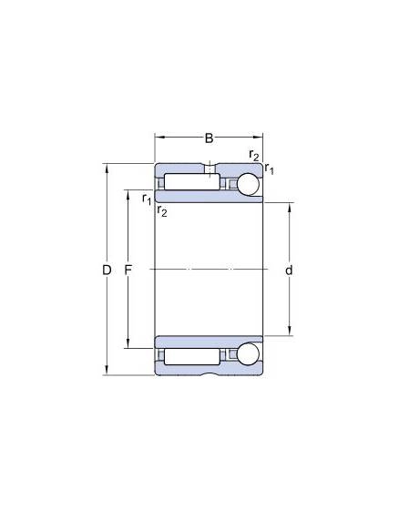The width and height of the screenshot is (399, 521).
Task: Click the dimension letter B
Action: tap(209, 138)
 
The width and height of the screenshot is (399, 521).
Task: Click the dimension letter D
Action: tap(107, 271)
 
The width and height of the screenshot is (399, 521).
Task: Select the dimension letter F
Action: tap(128, 271)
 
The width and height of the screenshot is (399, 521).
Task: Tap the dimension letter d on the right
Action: tap(289, 271)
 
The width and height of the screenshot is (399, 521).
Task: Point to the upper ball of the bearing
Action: tap(249, 184)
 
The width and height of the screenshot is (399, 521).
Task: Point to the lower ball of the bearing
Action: tap(249, 354)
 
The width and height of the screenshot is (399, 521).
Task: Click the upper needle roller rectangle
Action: tap(192, 182)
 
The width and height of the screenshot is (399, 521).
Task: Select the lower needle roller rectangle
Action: tap(192, 356)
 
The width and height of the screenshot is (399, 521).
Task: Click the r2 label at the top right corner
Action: tap(254, 155)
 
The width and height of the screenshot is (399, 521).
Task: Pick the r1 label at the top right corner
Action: tap(269, 169)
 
